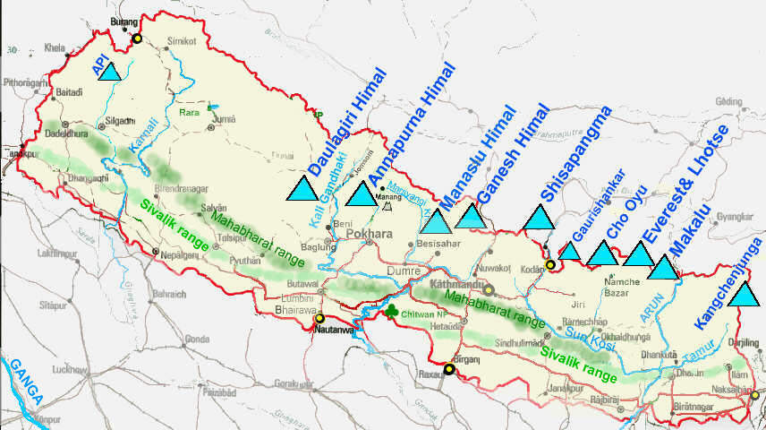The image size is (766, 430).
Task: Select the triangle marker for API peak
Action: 109,71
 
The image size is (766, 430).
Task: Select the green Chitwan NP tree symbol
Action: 391,311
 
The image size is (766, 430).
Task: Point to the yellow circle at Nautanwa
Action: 319,318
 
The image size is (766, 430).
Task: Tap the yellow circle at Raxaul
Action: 449,368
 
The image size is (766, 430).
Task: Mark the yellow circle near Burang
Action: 137,39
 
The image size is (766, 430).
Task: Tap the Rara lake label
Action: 189,114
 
